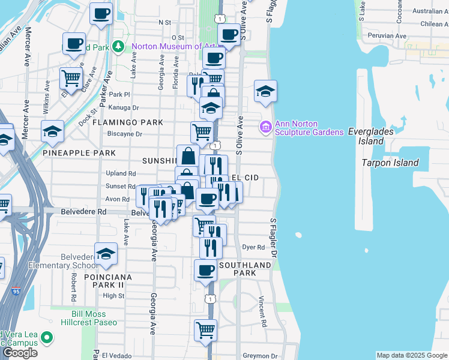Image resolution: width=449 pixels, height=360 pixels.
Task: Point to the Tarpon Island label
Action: [x=390, y=163]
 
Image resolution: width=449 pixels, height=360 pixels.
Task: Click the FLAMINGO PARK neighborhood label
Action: [x=127, y=122]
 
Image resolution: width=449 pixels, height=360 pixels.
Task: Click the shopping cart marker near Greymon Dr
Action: [x=205, y=329]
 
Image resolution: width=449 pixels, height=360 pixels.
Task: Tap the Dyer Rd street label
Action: [x=253, y=247]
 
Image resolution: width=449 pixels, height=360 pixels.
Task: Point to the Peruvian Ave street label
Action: [x=388, y=36]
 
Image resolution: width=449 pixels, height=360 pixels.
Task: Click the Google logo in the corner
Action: [x=20, y=353]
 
